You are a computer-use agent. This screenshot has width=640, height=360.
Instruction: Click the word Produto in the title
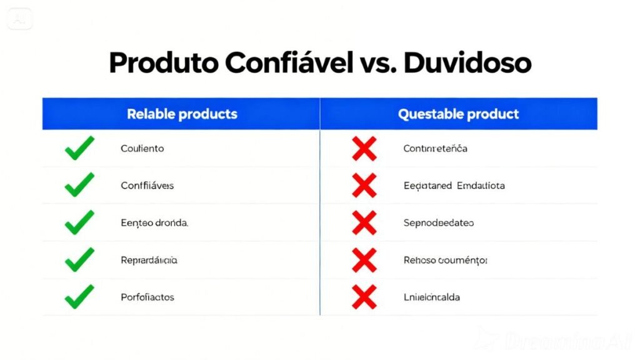(x=163, y=63)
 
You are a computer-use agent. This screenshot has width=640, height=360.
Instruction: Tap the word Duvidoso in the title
(x=467, y=63)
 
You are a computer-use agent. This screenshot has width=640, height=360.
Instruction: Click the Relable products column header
(x=182, y=114)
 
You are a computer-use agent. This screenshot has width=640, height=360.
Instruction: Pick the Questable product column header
(x=459, y=114)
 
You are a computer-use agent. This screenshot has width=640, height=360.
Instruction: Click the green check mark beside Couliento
(x=79, y=149)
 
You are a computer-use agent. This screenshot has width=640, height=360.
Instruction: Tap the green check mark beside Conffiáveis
(x=79, y=186)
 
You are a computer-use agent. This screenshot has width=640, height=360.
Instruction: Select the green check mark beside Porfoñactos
(x=79, y=297)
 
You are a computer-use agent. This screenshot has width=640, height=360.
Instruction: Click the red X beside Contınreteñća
(x=364, y=149)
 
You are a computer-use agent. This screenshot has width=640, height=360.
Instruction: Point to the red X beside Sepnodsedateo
(x=364, y=222)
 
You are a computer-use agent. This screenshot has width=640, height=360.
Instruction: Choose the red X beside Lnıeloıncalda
(x=364, y=297)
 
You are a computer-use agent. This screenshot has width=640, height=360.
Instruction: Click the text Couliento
(x=142, y=149)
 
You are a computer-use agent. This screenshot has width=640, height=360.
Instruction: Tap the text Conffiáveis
(x=147, y=186)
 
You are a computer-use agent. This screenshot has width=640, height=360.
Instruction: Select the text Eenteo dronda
(x=154, y=222)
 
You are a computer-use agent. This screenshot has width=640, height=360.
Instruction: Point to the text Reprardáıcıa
(x=149, y=260)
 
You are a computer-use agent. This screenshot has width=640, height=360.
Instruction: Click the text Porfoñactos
(x=147, y=297)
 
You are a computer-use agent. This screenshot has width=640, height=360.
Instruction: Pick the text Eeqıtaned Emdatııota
(x=454, y=186)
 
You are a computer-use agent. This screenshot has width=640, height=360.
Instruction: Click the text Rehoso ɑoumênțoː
(x=446, y=260)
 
